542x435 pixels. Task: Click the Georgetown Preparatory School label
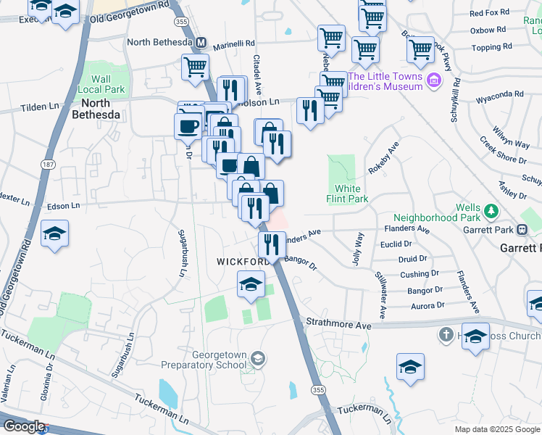pyautogui.click(x=220, y=360)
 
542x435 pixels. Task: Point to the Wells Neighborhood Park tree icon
pyautogui.click(x=492, y=211)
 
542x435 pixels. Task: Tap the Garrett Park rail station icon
pyautogui.click(x=522, y=230)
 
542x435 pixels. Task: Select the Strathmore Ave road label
pyautogui.click(x=338, y=325)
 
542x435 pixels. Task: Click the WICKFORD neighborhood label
pyautogui.click(x=243, y=260)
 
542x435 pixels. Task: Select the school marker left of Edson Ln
pyautogui.click(x=54, y=234)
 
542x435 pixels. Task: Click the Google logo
pyautogui.click(x=24, y=426)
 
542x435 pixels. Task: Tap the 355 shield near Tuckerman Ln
pyautogui.click(x=317, y=390)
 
